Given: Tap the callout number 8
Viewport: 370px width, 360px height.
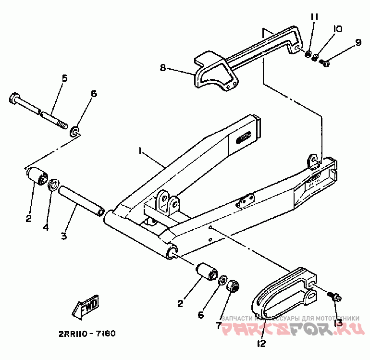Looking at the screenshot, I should coord(163,68).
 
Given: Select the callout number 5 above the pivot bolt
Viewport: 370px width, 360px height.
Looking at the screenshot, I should coord(64,78).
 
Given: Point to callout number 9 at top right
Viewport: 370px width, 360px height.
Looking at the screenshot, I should coord(358,43).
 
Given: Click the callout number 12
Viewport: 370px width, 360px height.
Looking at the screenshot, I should coord(261,343).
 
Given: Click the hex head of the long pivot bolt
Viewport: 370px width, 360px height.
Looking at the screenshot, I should coord(14,99).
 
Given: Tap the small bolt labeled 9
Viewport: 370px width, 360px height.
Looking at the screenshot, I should coord(324,62).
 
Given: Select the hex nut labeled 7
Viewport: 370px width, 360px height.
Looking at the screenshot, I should coord(234,286).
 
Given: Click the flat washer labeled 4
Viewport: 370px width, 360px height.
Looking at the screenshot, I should coord(54,184).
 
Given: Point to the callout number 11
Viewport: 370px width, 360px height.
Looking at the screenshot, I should coord(314,17).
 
